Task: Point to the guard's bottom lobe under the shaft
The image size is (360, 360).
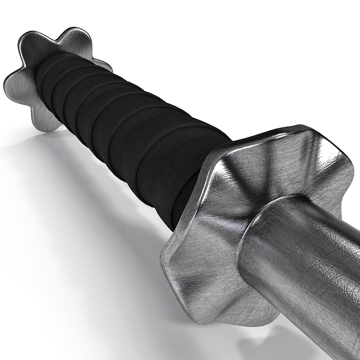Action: click(x=247, y=320)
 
